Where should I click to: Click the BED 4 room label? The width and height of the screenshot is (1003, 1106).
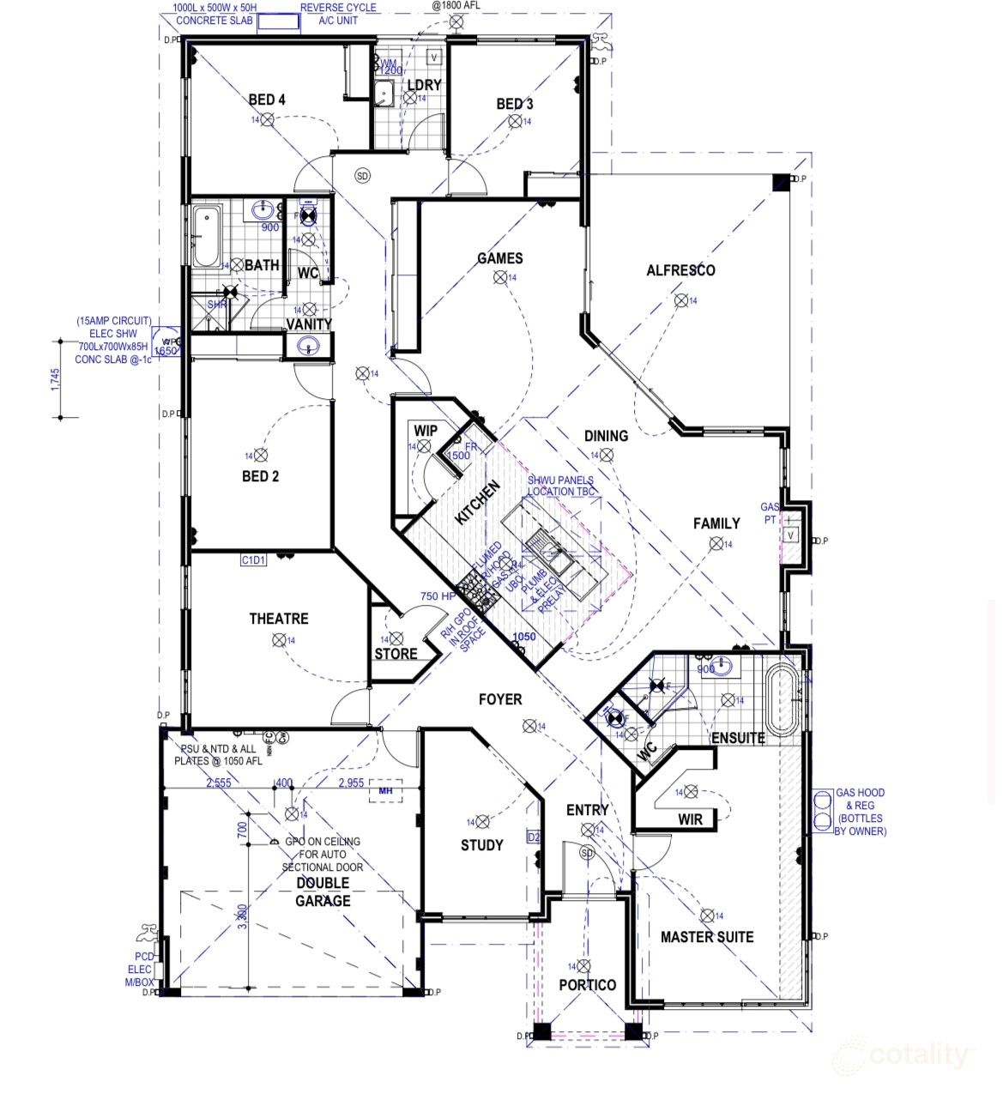click(267, 100)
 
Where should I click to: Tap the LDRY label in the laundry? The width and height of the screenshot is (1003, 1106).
click(424, 85)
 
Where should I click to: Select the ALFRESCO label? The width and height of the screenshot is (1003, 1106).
click(680, 270)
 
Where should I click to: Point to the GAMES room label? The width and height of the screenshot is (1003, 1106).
click(499, 258)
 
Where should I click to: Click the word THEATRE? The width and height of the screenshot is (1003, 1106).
click(279, 619)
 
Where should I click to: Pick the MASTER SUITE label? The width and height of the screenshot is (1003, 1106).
click(707, 937)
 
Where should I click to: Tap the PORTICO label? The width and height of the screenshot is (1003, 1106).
click(588, 984)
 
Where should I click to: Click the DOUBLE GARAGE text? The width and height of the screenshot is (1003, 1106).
click(323, 892)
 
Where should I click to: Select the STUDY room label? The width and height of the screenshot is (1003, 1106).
click(481, 845)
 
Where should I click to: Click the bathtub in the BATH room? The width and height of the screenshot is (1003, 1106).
click(206, 237)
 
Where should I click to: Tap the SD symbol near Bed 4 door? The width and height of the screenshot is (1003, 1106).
click(362, 176)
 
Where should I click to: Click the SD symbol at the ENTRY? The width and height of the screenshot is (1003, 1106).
click(588, 853)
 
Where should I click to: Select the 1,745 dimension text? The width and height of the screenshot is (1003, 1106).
click(56, 379)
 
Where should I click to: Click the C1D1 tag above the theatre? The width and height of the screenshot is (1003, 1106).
click(253, 560)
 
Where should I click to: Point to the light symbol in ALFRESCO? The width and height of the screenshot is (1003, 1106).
click(680, 299)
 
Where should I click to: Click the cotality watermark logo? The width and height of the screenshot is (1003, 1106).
click(905, 1055)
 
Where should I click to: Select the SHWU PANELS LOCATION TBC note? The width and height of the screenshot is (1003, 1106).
click(560, 486)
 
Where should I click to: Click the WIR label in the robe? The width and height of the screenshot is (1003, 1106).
click(690, 819)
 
